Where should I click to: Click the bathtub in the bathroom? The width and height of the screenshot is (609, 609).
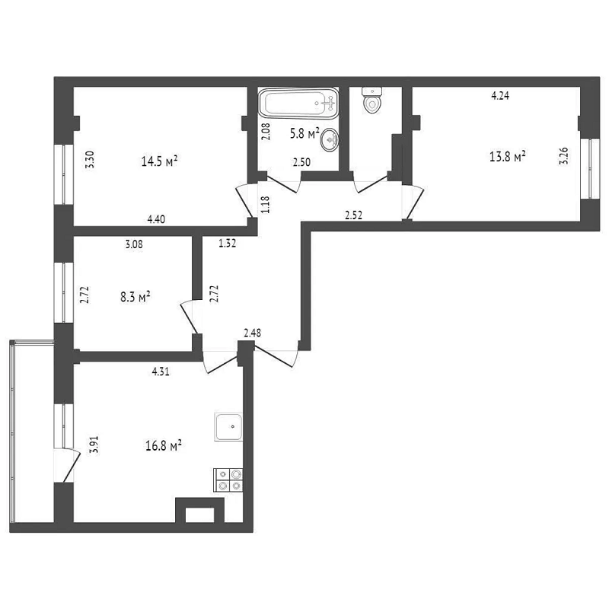coord(298,104)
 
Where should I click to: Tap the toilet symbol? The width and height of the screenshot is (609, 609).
coord(372,100)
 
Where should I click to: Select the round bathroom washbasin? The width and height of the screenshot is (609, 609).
coord(330,139)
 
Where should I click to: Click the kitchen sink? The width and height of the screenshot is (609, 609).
coord(229,427)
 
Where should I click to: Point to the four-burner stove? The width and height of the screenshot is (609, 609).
coord(228,480)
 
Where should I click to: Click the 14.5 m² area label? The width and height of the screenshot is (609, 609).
coord(159,161)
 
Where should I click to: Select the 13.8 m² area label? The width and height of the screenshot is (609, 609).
coord(508,157)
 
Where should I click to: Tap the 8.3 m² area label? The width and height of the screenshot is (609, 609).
coord(136,298)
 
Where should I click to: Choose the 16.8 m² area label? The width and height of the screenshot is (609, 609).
coord(164,445)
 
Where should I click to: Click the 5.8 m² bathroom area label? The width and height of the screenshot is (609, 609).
coord(304,134)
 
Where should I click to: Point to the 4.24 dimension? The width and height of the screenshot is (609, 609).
coord(500,96)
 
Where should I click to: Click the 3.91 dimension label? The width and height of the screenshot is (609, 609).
coord(94,445)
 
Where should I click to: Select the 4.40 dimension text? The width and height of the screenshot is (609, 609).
coord(156,219)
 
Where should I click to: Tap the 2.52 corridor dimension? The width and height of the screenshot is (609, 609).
coord(354,215)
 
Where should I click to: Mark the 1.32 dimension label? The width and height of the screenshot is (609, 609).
coord(227,244)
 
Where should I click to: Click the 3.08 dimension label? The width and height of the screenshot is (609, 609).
coord(134,244)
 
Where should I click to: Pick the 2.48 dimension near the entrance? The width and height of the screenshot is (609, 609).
coord(253,333)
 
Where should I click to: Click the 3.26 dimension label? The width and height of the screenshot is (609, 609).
coord(563,155)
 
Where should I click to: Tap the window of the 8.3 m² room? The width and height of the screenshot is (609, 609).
coord(64,293)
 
